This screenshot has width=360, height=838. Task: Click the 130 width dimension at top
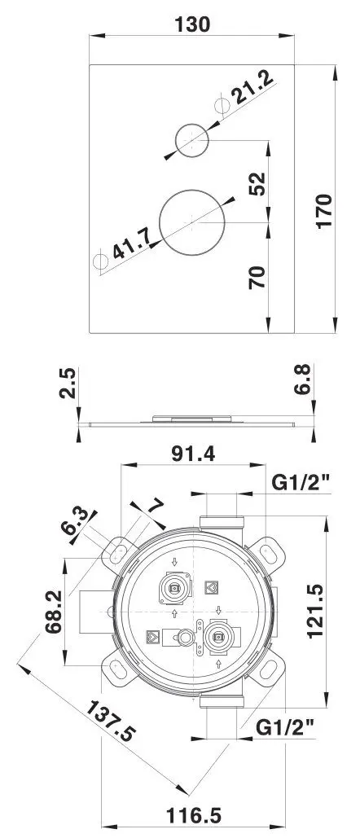pos(193,24)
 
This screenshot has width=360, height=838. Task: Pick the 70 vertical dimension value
pos(257,279)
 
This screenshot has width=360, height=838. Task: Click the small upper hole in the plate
pos(193,139)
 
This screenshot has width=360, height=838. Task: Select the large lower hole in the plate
pos(193,222)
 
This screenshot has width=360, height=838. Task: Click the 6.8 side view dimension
pos(301,380)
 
